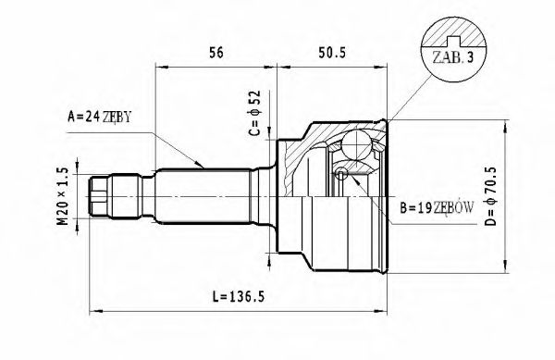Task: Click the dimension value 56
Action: coord(216,53)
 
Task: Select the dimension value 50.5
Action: coord(330,53)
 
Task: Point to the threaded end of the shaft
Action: coord(100,196)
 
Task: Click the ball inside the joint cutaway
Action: coord(357,143)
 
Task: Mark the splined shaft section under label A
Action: coord(203,195)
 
